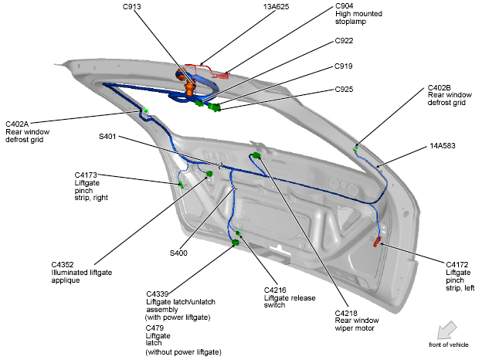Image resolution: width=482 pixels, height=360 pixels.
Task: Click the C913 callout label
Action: click(131, 7)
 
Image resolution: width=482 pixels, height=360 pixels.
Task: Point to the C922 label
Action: click(345, 41)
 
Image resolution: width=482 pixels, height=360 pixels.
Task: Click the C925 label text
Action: click(345, 90)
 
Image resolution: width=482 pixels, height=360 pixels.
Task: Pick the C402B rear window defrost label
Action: click(439, 88)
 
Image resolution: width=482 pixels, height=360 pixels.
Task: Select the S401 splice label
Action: click(107, 136)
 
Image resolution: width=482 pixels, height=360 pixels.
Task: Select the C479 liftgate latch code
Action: click(157, 328)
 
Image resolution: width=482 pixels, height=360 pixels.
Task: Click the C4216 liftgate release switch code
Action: click(277, 290)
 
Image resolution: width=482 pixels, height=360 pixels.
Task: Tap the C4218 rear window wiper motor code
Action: click(348, 312)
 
